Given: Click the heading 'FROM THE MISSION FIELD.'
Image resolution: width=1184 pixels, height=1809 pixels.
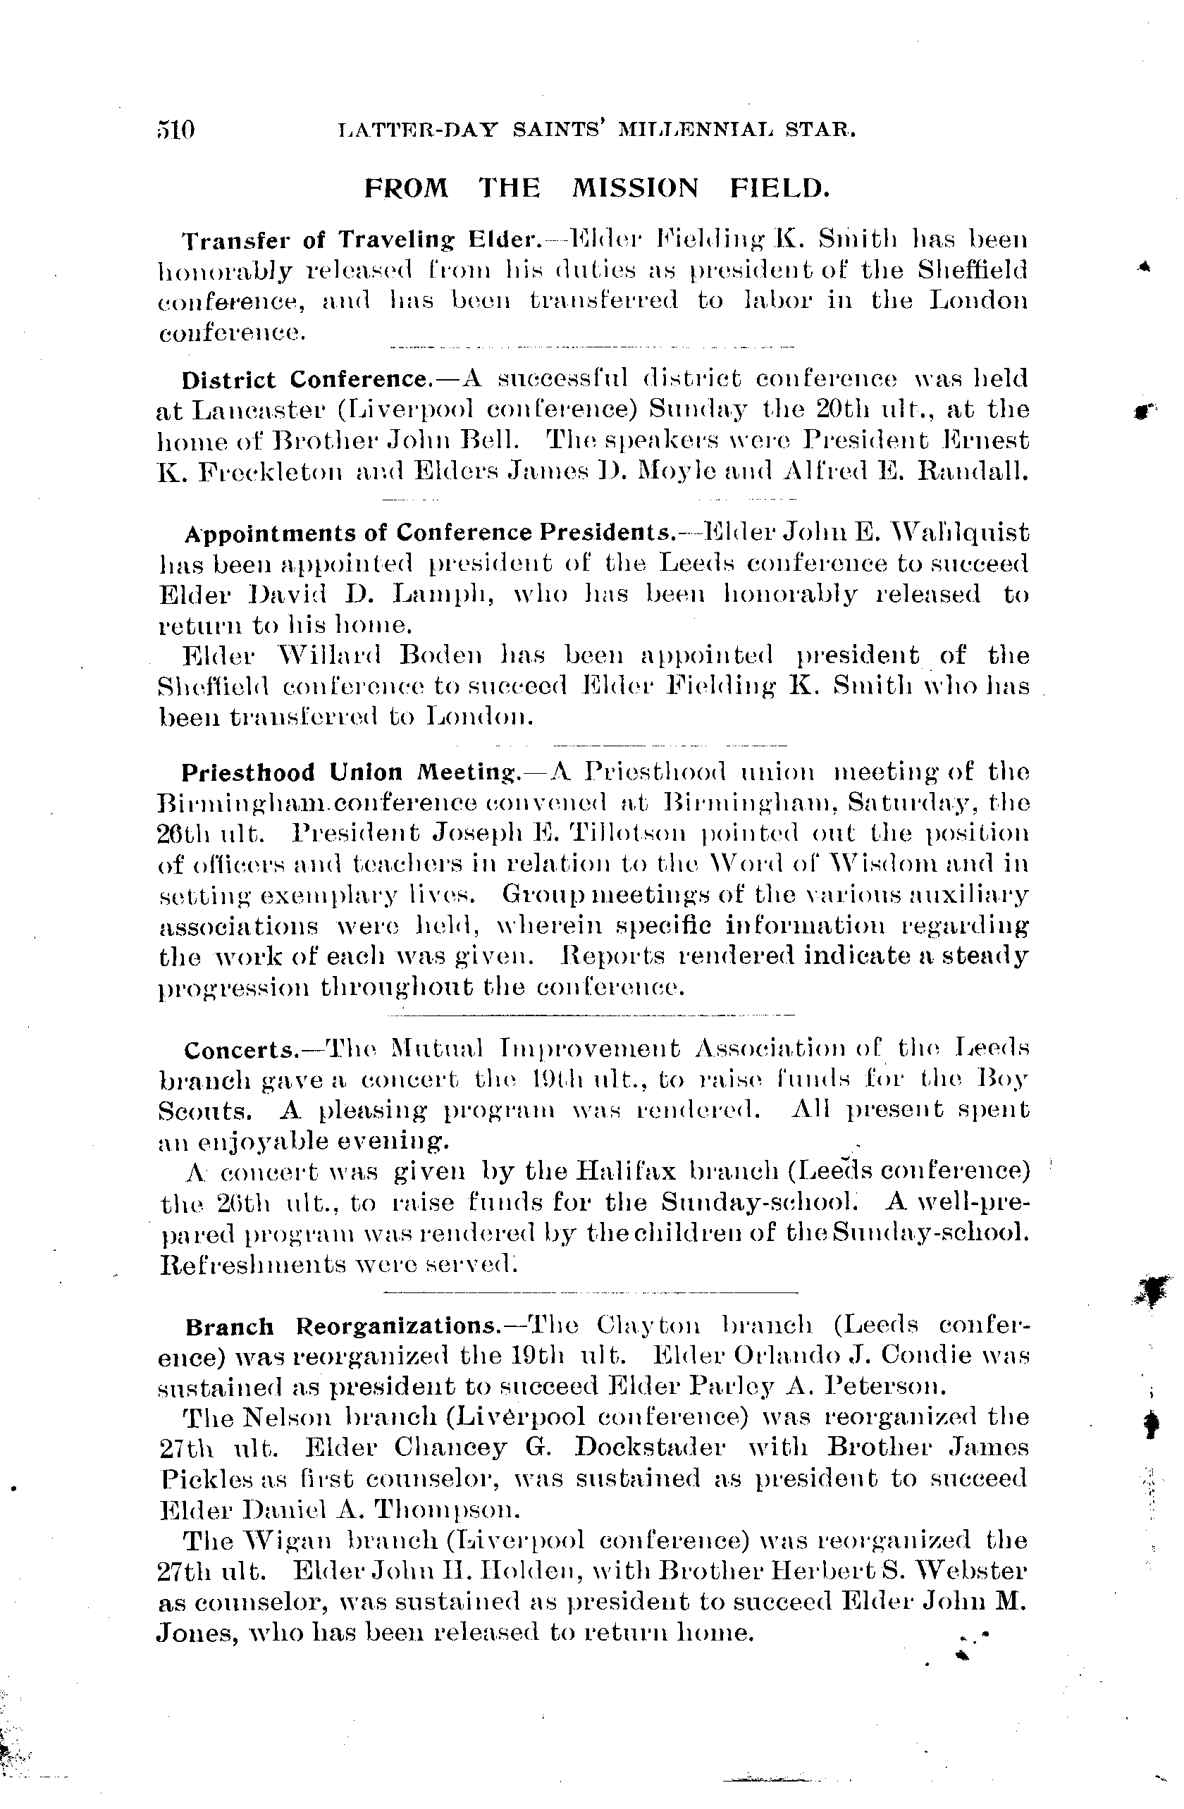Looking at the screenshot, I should [596, 187].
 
